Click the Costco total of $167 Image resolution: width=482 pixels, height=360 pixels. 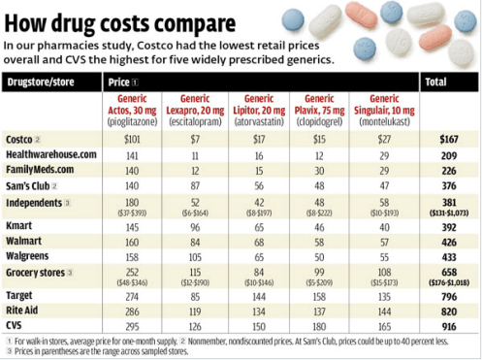click(448, 140)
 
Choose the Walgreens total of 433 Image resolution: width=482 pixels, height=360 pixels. click(448, 256)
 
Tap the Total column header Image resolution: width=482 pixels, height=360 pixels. click(448, 82)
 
